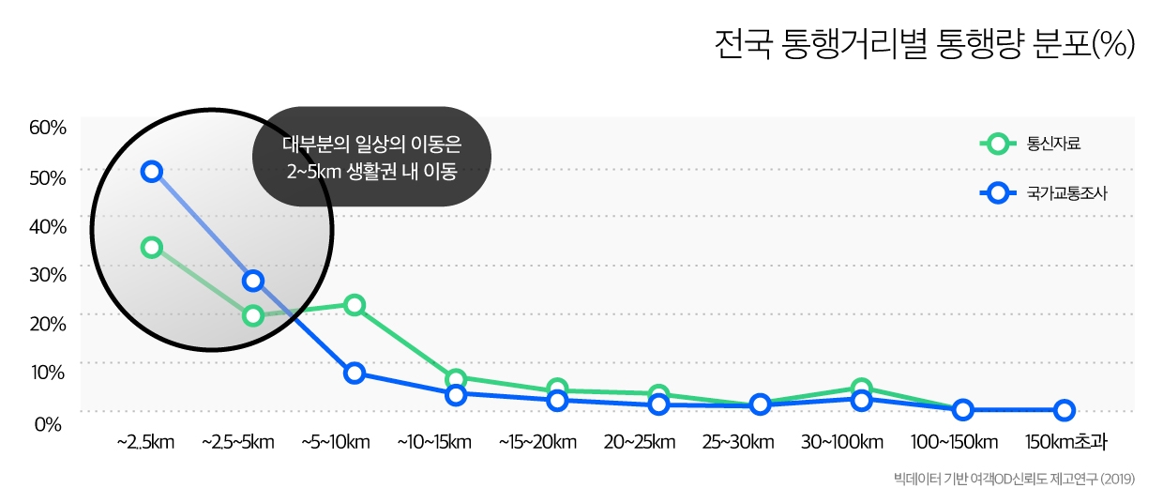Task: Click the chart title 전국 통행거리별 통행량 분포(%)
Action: click(924, 44)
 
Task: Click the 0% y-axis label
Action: click(49, 423)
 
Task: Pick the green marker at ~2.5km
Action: click(152, 248)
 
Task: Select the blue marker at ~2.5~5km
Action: click(253, 281)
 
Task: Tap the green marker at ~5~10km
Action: click(355, 305)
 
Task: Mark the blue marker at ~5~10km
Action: click(355, 373)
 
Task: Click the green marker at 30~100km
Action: click(861, 389)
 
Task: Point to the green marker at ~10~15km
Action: click(456, 380)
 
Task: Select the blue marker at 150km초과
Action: click(1064, 410)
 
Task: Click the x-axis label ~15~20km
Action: click(537, 442)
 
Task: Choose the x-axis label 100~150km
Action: click(954, 442)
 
